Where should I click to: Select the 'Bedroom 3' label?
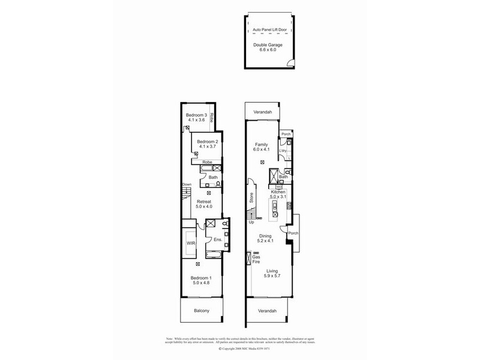tap(196, 115)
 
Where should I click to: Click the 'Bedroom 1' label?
tap(201, 278)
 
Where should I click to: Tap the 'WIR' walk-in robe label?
tap(191, 244)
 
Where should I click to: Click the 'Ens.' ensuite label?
tap(218, 240)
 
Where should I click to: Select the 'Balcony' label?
tap(202, 311)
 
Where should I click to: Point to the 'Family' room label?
tap(261, 145)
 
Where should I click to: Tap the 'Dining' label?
tap(265, 236)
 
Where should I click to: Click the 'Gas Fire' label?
tap(256, 259)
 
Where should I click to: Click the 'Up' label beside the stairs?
tap(251, 223)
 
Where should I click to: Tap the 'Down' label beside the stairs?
tap(187, 184)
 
